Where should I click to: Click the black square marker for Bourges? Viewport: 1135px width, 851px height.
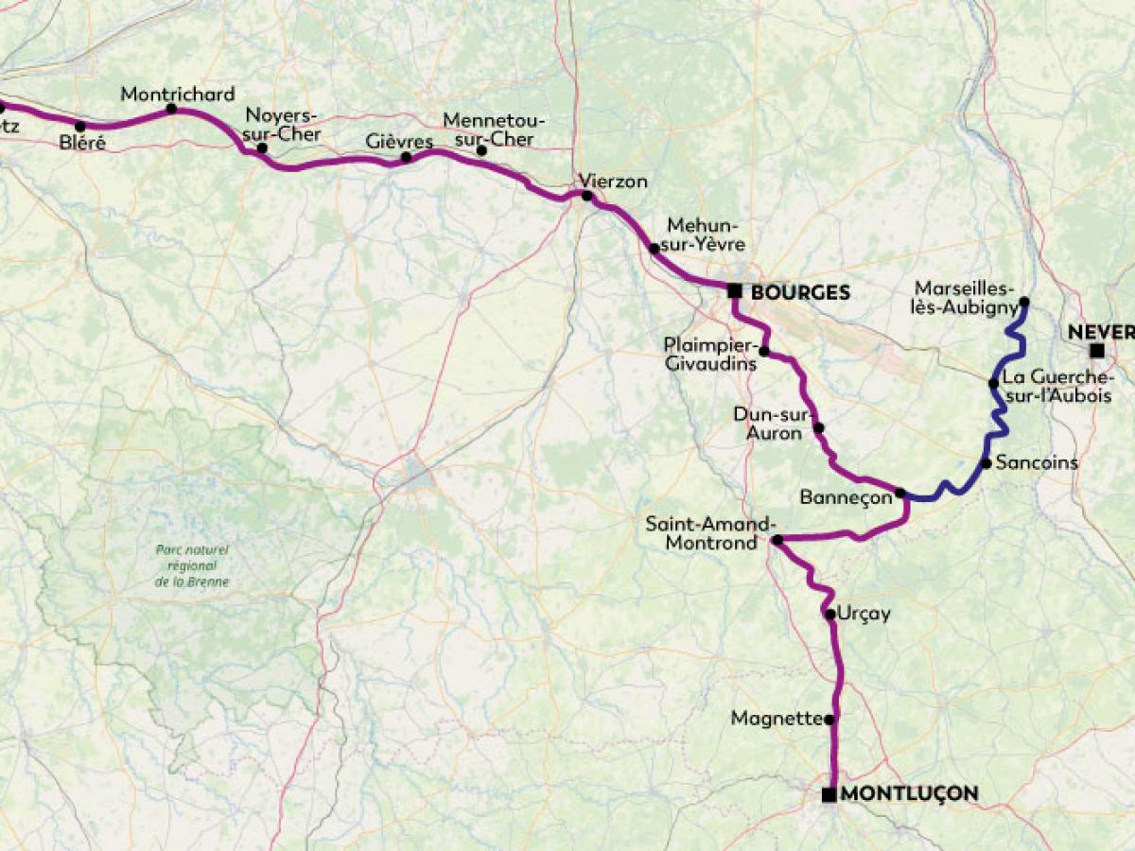tap(734, 291)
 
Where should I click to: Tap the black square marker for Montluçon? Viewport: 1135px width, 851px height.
tap(829, 794)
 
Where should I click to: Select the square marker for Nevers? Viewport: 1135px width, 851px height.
tap(1096, 352)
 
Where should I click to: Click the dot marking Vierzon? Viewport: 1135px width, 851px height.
tap(587, 197)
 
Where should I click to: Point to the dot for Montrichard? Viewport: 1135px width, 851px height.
tap(171, 109)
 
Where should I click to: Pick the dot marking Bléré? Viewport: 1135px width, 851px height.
tap(80, 126)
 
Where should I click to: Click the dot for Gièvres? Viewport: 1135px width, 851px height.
tap(406, 157)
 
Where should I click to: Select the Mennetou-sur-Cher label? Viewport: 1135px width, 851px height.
tap(488, 130)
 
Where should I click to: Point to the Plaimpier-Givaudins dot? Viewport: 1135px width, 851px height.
tap(764, 353)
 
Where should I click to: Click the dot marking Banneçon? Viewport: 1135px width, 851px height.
tap(900, 494)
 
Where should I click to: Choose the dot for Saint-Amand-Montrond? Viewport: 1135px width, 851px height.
tap(777, 540)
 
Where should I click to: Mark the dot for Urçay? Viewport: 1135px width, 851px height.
tap(829, 615)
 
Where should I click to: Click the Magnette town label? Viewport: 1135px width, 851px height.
tap(777, 719)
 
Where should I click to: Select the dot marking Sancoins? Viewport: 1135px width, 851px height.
tap(986, 463)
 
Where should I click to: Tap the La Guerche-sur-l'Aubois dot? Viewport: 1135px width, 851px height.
tap(993, 383)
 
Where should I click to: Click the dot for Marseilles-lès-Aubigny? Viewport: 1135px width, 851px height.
tap(1023, 303)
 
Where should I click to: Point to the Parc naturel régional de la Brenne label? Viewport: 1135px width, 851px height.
tap(192, 565)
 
